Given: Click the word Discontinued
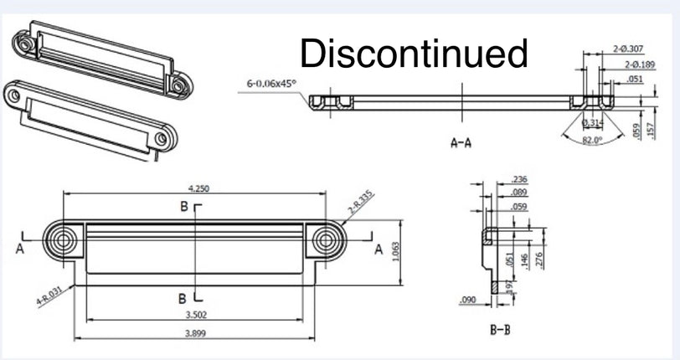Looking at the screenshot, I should tap(414, 54).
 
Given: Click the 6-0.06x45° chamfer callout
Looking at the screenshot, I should tap(271, 83).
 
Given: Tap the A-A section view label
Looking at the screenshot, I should tap(461, 142).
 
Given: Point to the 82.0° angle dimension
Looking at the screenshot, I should tap(593, 140).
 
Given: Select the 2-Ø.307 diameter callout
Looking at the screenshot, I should tap(627, 49).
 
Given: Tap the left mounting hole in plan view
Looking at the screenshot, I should tap(62, 241).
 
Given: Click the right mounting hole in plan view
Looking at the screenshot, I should tap(325, 241).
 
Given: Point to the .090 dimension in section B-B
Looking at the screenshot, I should tap(468, 299).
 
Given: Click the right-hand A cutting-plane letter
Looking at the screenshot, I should tap(379, 249).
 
